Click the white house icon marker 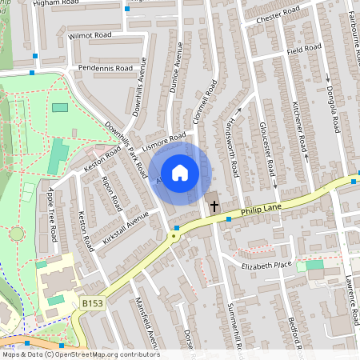coord(180,172)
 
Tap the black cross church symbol coord(214,206)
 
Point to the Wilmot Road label coord(90,36)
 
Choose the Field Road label coord(304,49)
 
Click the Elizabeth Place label coord(266,264)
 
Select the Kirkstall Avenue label coord(126,227)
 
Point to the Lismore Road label coord(163,145)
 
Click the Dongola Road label coord(331,112)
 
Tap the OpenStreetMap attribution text coord(80,354)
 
